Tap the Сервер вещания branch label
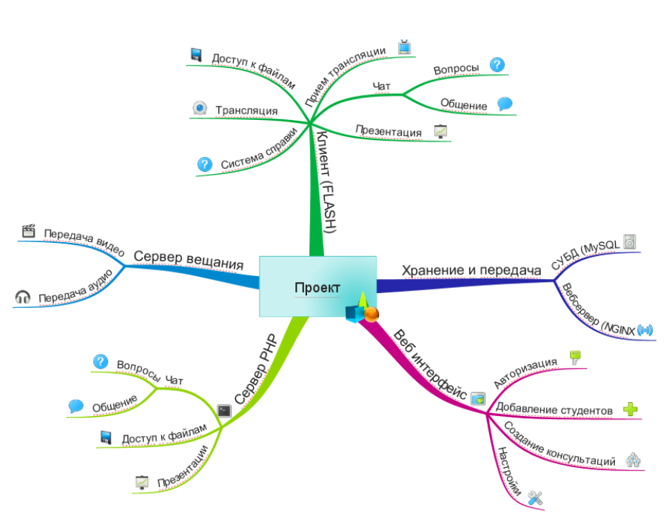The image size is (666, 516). [189, 260]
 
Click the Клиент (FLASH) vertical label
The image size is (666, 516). [326, 181]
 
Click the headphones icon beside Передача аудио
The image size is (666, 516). [22, 297]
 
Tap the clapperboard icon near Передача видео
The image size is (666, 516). [28, 231]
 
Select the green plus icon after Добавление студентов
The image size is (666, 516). [630, 409]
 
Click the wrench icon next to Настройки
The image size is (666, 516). [536, 498]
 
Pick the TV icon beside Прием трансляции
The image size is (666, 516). [404, 47]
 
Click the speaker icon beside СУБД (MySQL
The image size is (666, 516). [630, 241]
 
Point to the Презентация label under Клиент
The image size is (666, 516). [388, 131]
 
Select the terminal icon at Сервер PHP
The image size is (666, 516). [224, 411]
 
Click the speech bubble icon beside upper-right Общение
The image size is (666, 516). [505, 104]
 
